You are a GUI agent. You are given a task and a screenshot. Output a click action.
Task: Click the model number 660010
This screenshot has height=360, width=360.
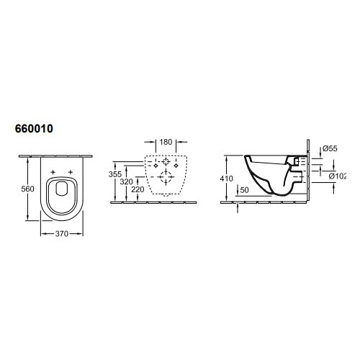pos(34,129)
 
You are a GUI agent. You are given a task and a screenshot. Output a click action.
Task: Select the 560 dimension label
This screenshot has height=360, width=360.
pos(27,189)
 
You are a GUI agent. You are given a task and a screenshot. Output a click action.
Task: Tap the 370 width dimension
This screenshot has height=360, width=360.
pos(62,233)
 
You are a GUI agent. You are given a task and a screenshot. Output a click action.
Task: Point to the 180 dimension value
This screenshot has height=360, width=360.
pos(166,142)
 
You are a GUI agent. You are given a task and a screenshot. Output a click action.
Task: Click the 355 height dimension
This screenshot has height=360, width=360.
pos(115,174)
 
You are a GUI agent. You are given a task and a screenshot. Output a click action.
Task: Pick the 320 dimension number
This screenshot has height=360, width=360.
pos(127,181)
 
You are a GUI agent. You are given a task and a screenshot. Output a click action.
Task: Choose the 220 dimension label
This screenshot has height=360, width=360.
pos(138,189)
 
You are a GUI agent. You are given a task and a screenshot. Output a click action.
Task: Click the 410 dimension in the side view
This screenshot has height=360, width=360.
pos(226,179)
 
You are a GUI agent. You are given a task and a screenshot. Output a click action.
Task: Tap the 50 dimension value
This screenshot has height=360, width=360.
pos(244,190)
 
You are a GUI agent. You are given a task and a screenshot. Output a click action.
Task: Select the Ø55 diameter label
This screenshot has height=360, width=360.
pos(330,148)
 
